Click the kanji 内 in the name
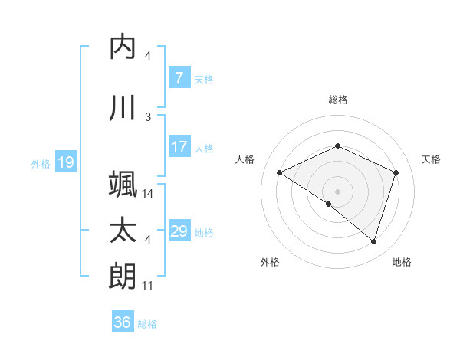click(123, 46)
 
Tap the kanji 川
click(123, 107)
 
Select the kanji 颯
click(123, 185)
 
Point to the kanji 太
click(123, 231)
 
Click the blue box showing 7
click(179, 78)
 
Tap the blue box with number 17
click(179, 147)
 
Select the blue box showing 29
click(179, 231)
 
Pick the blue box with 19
click(65, 162)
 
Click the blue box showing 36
click(123, 322)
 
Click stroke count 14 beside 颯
click(149, 194)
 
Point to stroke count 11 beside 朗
click(149, 286)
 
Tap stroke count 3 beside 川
click(148, 117)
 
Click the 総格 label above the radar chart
click(337, 100)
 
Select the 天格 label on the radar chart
click(431, 159)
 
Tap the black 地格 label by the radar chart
click(402, 262)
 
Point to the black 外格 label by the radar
click(270, 262)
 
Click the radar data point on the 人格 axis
click(280, 173)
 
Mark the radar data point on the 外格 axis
click(328, 204)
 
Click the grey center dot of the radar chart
click(337, 191)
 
